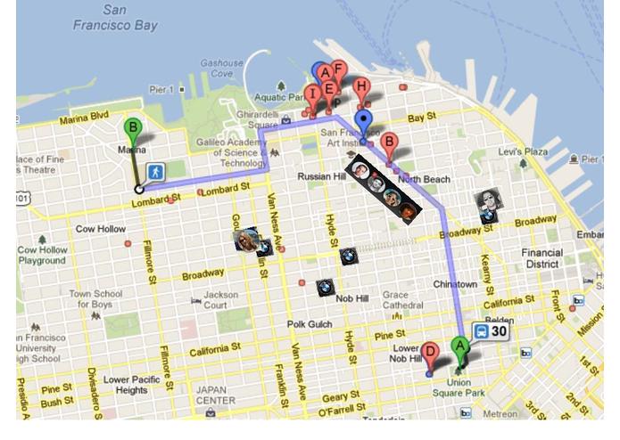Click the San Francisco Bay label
point(115,18)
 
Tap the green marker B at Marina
point(133,130)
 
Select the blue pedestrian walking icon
point(156,170)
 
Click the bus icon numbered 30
point(490,332)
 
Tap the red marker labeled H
point(360,88)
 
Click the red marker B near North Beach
point(388,143)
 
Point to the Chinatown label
point(455,284)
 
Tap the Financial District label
point(541,258)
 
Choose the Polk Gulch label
point(309,324)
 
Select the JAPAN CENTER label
point(216,395)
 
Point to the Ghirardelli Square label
point(259,120)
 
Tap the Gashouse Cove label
point(221,69)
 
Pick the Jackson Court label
point(221,300)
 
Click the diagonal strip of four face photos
point(384,189)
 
